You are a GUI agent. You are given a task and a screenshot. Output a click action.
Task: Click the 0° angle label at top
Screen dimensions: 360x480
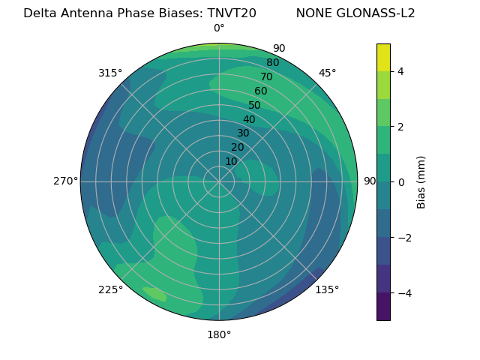pyautogui.click(x=219, y=28)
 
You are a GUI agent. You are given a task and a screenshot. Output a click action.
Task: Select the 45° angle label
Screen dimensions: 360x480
pyautogui.click(x=327, y=73)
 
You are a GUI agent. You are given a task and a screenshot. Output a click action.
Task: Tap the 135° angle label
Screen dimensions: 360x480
pyautogui.click(x=327, y=289)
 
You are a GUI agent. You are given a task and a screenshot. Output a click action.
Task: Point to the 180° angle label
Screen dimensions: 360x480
pyautogui.click(x=219, y=334)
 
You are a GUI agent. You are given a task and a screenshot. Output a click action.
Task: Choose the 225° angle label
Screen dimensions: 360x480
pyautogui.click(x=110, y=289)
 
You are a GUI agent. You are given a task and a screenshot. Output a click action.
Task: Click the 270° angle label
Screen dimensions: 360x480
pyautogui.click(x=66, y=181)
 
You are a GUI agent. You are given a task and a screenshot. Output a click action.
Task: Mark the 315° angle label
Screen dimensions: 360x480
pyautogui.click(x=110, y=73)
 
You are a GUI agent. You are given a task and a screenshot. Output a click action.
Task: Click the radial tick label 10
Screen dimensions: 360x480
pyautogui.click(x=231, y=161)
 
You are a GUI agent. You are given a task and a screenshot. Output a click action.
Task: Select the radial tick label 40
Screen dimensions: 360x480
pyautogui.click(x=249, y=119)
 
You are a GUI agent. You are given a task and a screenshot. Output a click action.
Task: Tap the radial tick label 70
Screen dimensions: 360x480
pyautogui.click(x=266, y=76)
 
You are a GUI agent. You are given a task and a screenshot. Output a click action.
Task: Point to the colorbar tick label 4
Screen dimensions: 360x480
pyautogui.click(x=401, y=71)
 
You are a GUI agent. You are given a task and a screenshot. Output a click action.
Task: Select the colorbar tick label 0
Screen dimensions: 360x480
pyautogui.click(x=401, y=181)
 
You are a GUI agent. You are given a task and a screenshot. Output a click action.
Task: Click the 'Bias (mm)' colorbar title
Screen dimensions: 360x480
pyautogui.click(x=421, y=181)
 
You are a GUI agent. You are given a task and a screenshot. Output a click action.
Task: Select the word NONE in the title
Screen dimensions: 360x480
pyautogui.click(x=311, y=13)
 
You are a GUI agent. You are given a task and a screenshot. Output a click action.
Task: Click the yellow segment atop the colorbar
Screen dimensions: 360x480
pyautogui.click(x=383, y=57)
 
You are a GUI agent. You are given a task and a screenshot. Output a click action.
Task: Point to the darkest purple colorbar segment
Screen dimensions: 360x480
pyautogui.click(x=383, y=306)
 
